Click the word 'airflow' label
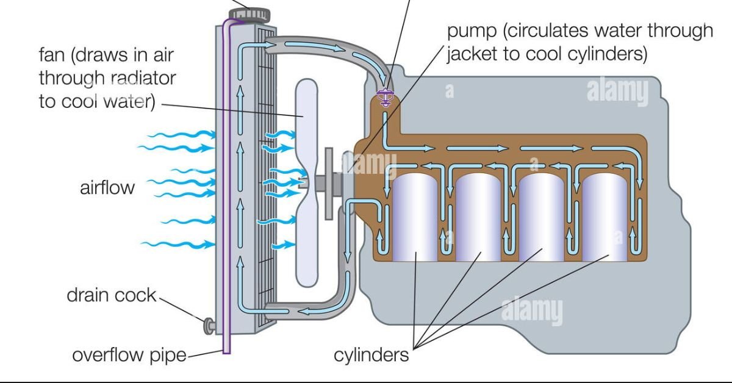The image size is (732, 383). coord(107,188)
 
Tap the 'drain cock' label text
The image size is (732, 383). coord(112,296)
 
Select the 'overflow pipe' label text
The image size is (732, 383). coord(129,355)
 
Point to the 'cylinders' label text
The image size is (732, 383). coord(371,355)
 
